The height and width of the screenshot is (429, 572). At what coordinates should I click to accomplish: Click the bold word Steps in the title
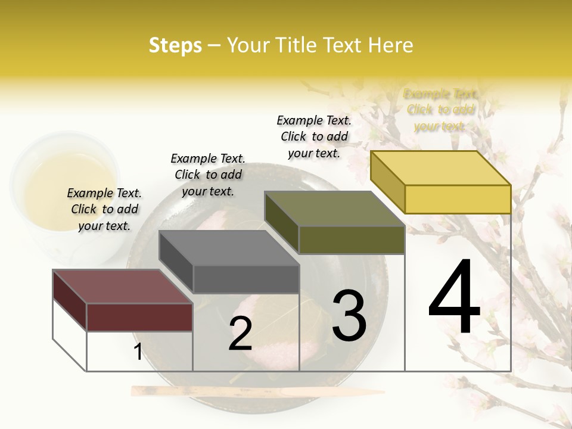coord(175,45)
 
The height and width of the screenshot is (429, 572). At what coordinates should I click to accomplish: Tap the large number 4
coord(454,298)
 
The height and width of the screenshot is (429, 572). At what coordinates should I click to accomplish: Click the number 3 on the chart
coord(349,316)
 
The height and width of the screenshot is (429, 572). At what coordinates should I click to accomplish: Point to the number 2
coord(241,334)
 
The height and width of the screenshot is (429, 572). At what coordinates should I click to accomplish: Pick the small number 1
coord(138,352)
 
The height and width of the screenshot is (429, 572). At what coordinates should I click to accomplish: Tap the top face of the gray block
coord(229,248)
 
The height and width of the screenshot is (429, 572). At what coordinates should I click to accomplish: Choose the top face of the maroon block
coord(123,287)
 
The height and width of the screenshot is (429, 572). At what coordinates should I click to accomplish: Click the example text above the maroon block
coord(104,209)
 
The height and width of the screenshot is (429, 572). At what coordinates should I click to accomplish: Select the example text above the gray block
coord(208,175)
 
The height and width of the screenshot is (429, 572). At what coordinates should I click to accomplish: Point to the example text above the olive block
coord(314,136)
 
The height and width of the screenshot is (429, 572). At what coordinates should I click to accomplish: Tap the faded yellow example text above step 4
coord(440,110)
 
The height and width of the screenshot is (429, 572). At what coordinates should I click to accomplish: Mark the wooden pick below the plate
coord(256,391)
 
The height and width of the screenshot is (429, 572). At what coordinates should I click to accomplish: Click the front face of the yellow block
coord(458,199)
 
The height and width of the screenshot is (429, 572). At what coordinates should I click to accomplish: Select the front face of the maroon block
coord(139,317)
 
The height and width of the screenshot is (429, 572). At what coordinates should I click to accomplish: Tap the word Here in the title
coord(391,45)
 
